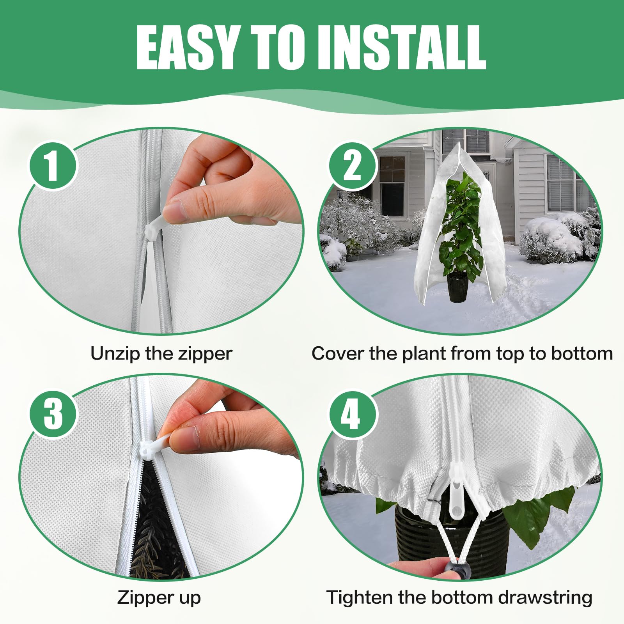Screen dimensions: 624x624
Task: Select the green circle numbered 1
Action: tap(53, 165)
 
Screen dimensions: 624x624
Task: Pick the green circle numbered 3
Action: tap(53, 414)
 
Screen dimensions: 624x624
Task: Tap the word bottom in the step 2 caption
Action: tap(582, 354)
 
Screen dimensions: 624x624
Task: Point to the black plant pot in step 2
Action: tap(458, 287)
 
